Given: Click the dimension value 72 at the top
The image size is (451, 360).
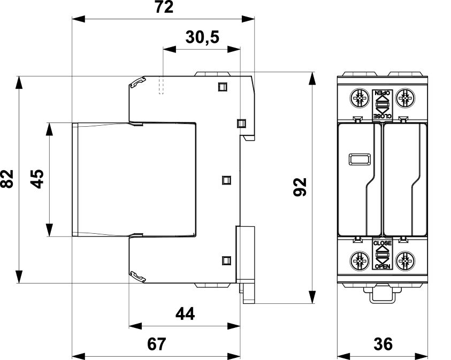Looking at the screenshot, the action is tap(164, 7).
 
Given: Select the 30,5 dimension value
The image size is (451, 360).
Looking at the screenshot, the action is tap(202, 37).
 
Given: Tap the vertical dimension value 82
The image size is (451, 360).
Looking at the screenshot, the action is tap(7, 179).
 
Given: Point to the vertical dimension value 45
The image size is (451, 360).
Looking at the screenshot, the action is tap(37, 179).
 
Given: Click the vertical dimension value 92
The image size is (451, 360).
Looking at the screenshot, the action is tap(300, 187).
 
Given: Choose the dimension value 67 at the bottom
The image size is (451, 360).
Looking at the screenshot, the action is tap(157, 344).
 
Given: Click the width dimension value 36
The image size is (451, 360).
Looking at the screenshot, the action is tap(383, 344).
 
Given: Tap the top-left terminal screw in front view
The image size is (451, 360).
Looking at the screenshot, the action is tap(359, 98).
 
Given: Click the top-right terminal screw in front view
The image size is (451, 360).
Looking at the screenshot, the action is tap(406, 98).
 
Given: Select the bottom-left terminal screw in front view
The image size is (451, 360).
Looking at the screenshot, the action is tap(359, 262).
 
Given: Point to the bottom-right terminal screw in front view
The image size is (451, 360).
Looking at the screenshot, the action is tap(406, 262).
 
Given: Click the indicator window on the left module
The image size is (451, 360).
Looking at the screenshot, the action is tap(360, 159).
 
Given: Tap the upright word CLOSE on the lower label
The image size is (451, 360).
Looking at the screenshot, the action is tap(383, 243).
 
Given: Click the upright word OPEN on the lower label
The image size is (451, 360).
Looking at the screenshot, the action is tap(383, 266).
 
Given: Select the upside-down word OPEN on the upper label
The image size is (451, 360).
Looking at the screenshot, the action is tap(383, 93).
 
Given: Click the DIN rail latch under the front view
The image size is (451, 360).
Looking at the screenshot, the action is tap(382, 294).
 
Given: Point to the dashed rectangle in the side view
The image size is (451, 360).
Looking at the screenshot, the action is tap(162, 85).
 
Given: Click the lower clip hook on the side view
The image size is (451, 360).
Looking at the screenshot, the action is tap(138, 277).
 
